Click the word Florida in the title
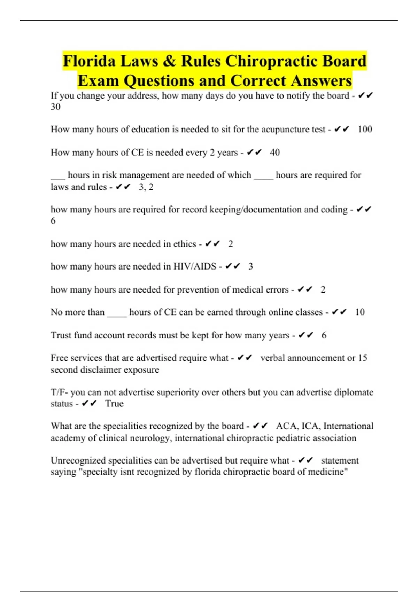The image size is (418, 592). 89,61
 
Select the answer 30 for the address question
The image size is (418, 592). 55,107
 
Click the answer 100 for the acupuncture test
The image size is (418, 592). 365,130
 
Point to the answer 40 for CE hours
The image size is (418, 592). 274,153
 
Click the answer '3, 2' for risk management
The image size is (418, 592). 146,187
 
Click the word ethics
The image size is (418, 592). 185,244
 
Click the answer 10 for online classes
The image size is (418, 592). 359,312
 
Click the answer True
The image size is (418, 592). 114,404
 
